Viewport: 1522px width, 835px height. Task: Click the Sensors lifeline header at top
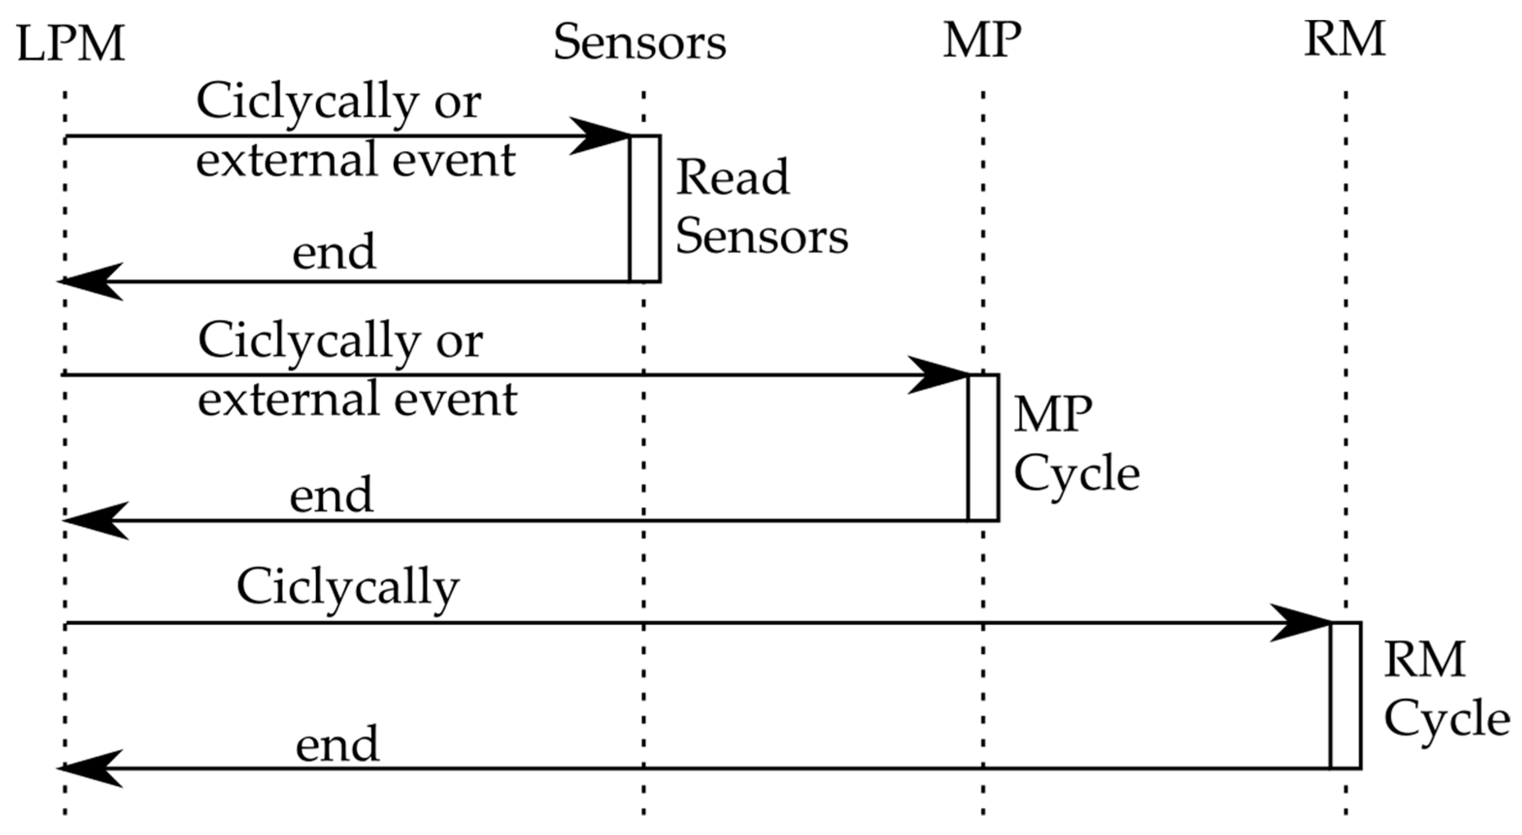[x=639, y=43]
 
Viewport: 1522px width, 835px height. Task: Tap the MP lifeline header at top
[x=982, y=41]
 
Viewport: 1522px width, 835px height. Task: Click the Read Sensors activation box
[x=645, y=209]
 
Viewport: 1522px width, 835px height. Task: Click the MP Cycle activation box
[x=984, y=447]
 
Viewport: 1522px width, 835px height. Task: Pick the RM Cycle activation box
[x=1346, y=695]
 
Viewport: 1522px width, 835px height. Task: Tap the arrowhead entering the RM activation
[x=1300, y=623]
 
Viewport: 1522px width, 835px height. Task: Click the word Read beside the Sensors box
[x=733, y=177]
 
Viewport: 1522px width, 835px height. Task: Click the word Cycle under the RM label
[x=1446, y=720]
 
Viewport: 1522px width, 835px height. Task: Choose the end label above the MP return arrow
[x=332, y=495]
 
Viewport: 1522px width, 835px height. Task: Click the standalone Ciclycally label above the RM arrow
[x=348, y=588]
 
